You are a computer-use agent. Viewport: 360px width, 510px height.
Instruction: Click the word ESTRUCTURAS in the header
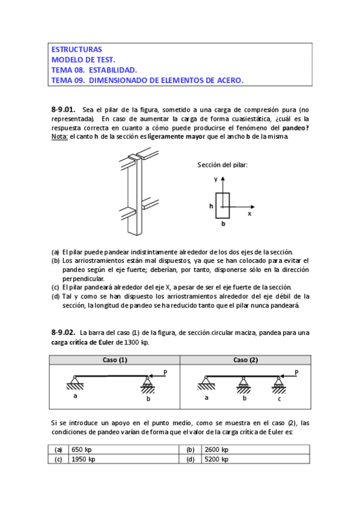pyautogui.click(x=77, y=49)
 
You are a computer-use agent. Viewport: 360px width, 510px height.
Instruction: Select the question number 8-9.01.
pyautogui.click(x=63, y=109)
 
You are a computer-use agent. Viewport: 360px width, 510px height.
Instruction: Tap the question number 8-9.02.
pyautogui.click(x=63, y=333)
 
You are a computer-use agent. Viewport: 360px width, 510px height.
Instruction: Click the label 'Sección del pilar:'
pyautogui.click(x=222, y=165)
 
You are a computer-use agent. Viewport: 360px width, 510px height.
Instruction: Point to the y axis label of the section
pyautogui.click(x=216, y=179)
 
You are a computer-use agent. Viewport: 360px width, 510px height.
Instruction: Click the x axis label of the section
pyautogui.click(x=249, y=214)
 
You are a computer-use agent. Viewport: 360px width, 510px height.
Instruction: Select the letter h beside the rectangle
pyautogui.click(x=211, y=206)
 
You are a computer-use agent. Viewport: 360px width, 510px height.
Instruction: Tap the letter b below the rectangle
pyautogui.click(x=223, y=224)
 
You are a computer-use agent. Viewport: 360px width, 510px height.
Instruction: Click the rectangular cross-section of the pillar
pyautogui.click(x=222, y=206)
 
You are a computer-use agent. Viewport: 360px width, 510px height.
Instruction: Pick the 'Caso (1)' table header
pyautogui.click(x=115, y=360)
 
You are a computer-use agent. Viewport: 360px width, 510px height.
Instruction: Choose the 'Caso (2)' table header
pyautogui.click(x=246, y=360)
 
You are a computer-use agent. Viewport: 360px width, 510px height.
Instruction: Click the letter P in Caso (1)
pyautogui.click(x=165, y=373)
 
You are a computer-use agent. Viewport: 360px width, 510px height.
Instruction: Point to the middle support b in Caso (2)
pyautogui.click(x=243, y=384)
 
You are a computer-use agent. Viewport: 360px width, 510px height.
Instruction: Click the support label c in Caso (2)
pyautogui.click(x=279, y=399)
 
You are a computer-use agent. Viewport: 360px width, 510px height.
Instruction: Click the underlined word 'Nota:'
pyautogui.click(x=59, y=137)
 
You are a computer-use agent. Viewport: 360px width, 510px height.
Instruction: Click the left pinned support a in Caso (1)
pyautogui.click(x=75, y=382)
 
